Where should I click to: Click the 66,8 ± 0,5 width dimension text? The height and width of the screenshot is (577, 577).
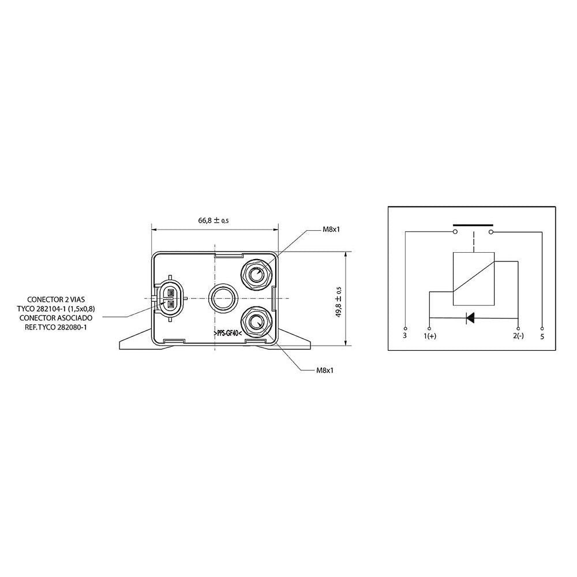coord(214,220)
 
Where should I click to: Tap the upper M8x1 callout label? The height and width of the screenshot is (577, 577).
coord(331,230)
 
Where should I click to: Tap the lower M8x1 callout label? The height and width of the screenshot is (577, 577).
coord(324,370)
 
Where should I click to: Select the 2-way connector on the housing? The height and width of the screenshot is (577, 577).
coord(170,298)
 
